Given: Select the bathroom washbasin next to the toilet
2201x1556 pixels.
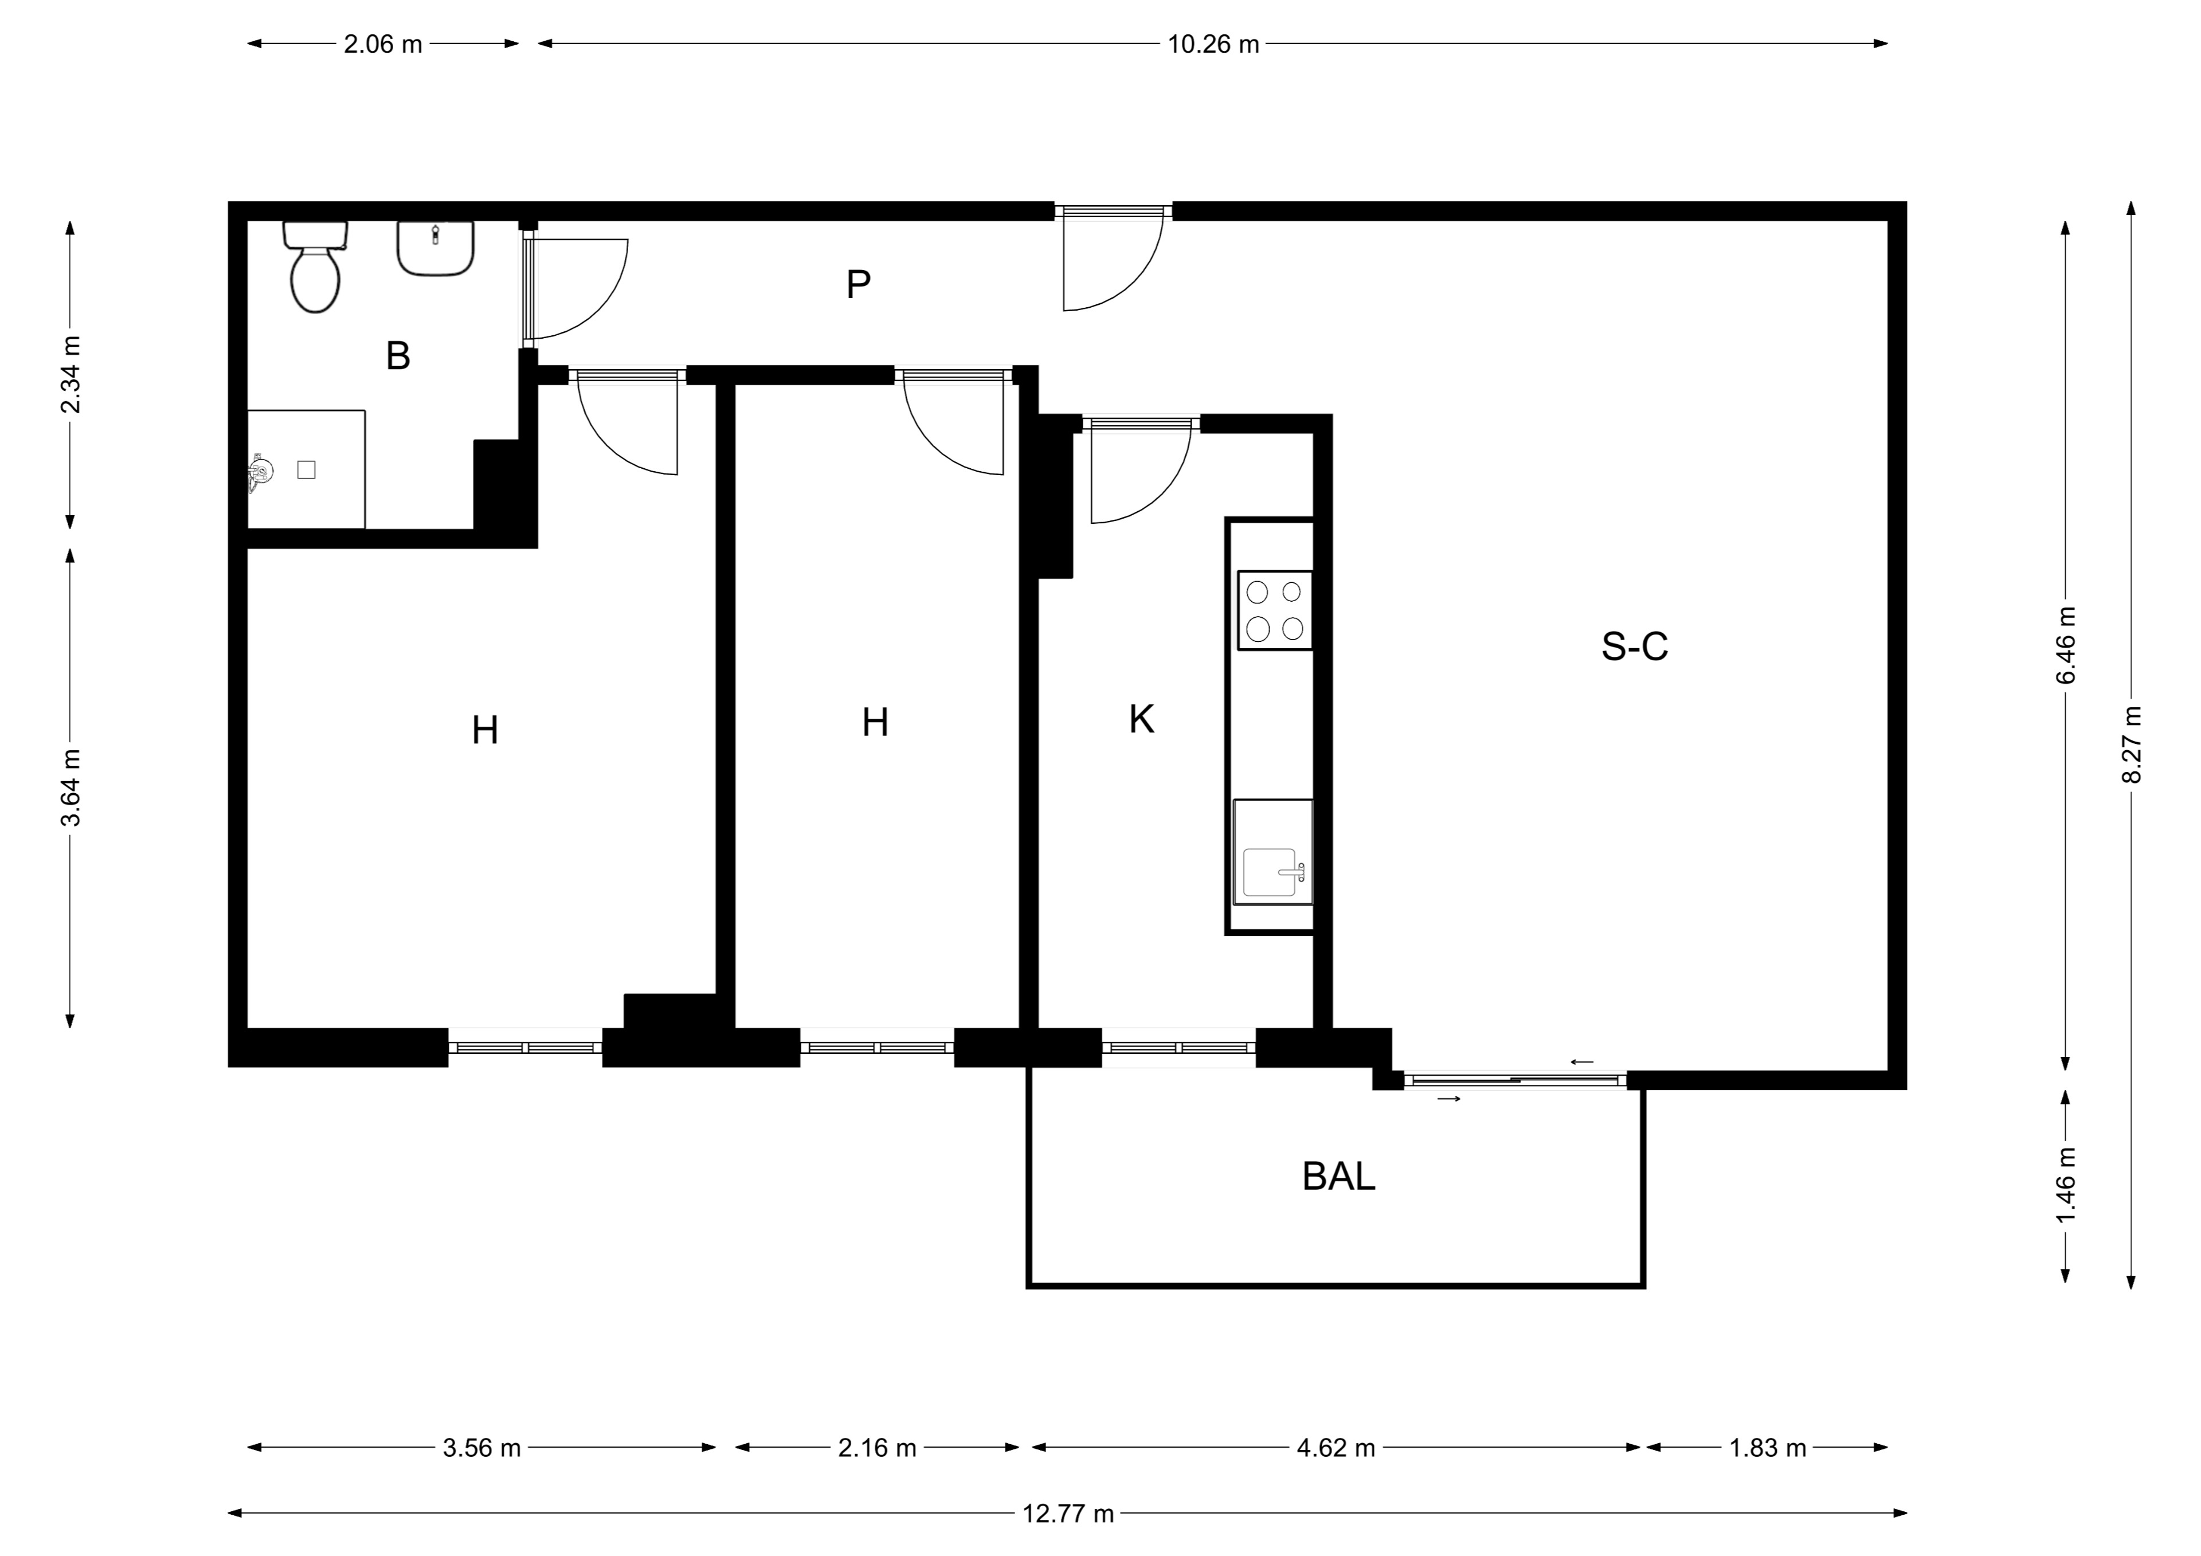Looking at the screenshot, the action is point(436,249).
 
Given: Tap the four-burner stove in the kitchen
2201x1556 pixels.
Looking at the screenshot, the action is point(1275,611).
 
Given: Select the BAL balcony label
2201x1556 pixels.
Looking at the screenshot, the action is point(1338,1177).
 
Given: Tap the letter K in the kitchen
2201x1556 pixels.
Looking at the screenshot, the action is point(1141,719).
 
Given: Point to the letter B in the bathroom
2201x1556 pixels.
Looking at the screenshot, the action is point(398,356).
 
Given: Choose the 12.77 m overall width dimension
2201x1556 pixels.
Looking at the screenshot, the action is point(1068,1514).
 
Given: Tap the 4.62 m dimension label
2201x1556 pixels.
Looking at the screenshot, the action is point(1336,1448).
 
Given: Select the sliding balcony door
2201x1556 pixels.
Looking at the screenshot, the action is point(1515,1080).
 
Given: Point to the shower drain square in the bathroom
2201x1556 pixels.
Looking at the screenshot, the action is point(307,470).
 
